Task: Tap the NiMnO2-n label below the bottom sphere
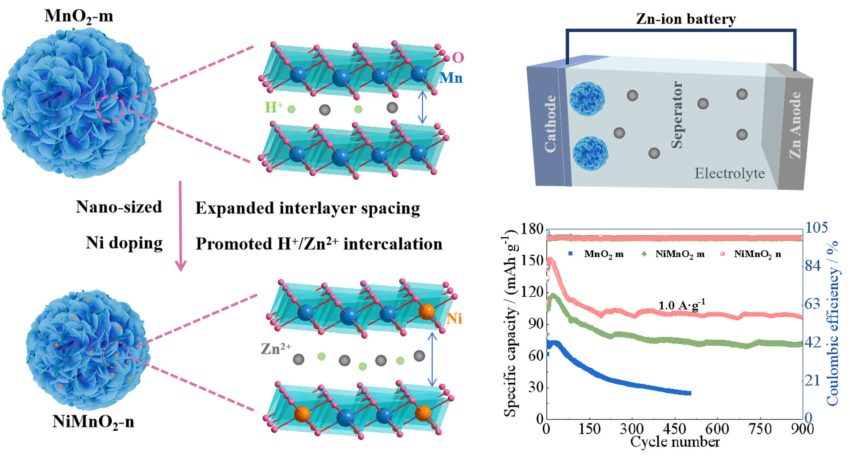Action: pos(93,422)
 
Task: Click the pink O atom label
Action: pos(458,57)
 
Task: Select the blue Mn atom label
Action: pos(451,78)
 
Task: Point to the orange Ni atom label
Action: pos(454,318)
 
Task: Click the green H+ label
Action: pos(274,107)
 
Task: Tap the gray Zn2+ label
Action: pos(276,348)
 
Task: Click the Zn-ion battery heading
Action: pos(686,19)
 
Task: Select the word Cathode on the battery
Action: pos(550,123)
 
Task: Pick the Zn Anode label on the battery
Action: pos(794,125)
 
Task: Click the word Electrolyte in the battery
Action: pos(730,173)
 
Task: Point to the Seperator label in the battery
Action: pos(677,115)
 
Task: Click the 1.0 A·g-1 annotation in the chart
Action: pos(682,305)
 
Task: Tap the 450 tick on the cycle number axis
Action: pos(675,429)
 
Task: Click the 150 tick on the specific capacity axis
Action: pos(532,261)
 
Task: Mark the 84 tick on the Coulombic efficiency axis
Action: pos(813,265)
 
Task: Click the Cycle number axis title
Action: pos(675,442)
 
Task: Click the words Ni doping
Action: pos(124,243)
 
